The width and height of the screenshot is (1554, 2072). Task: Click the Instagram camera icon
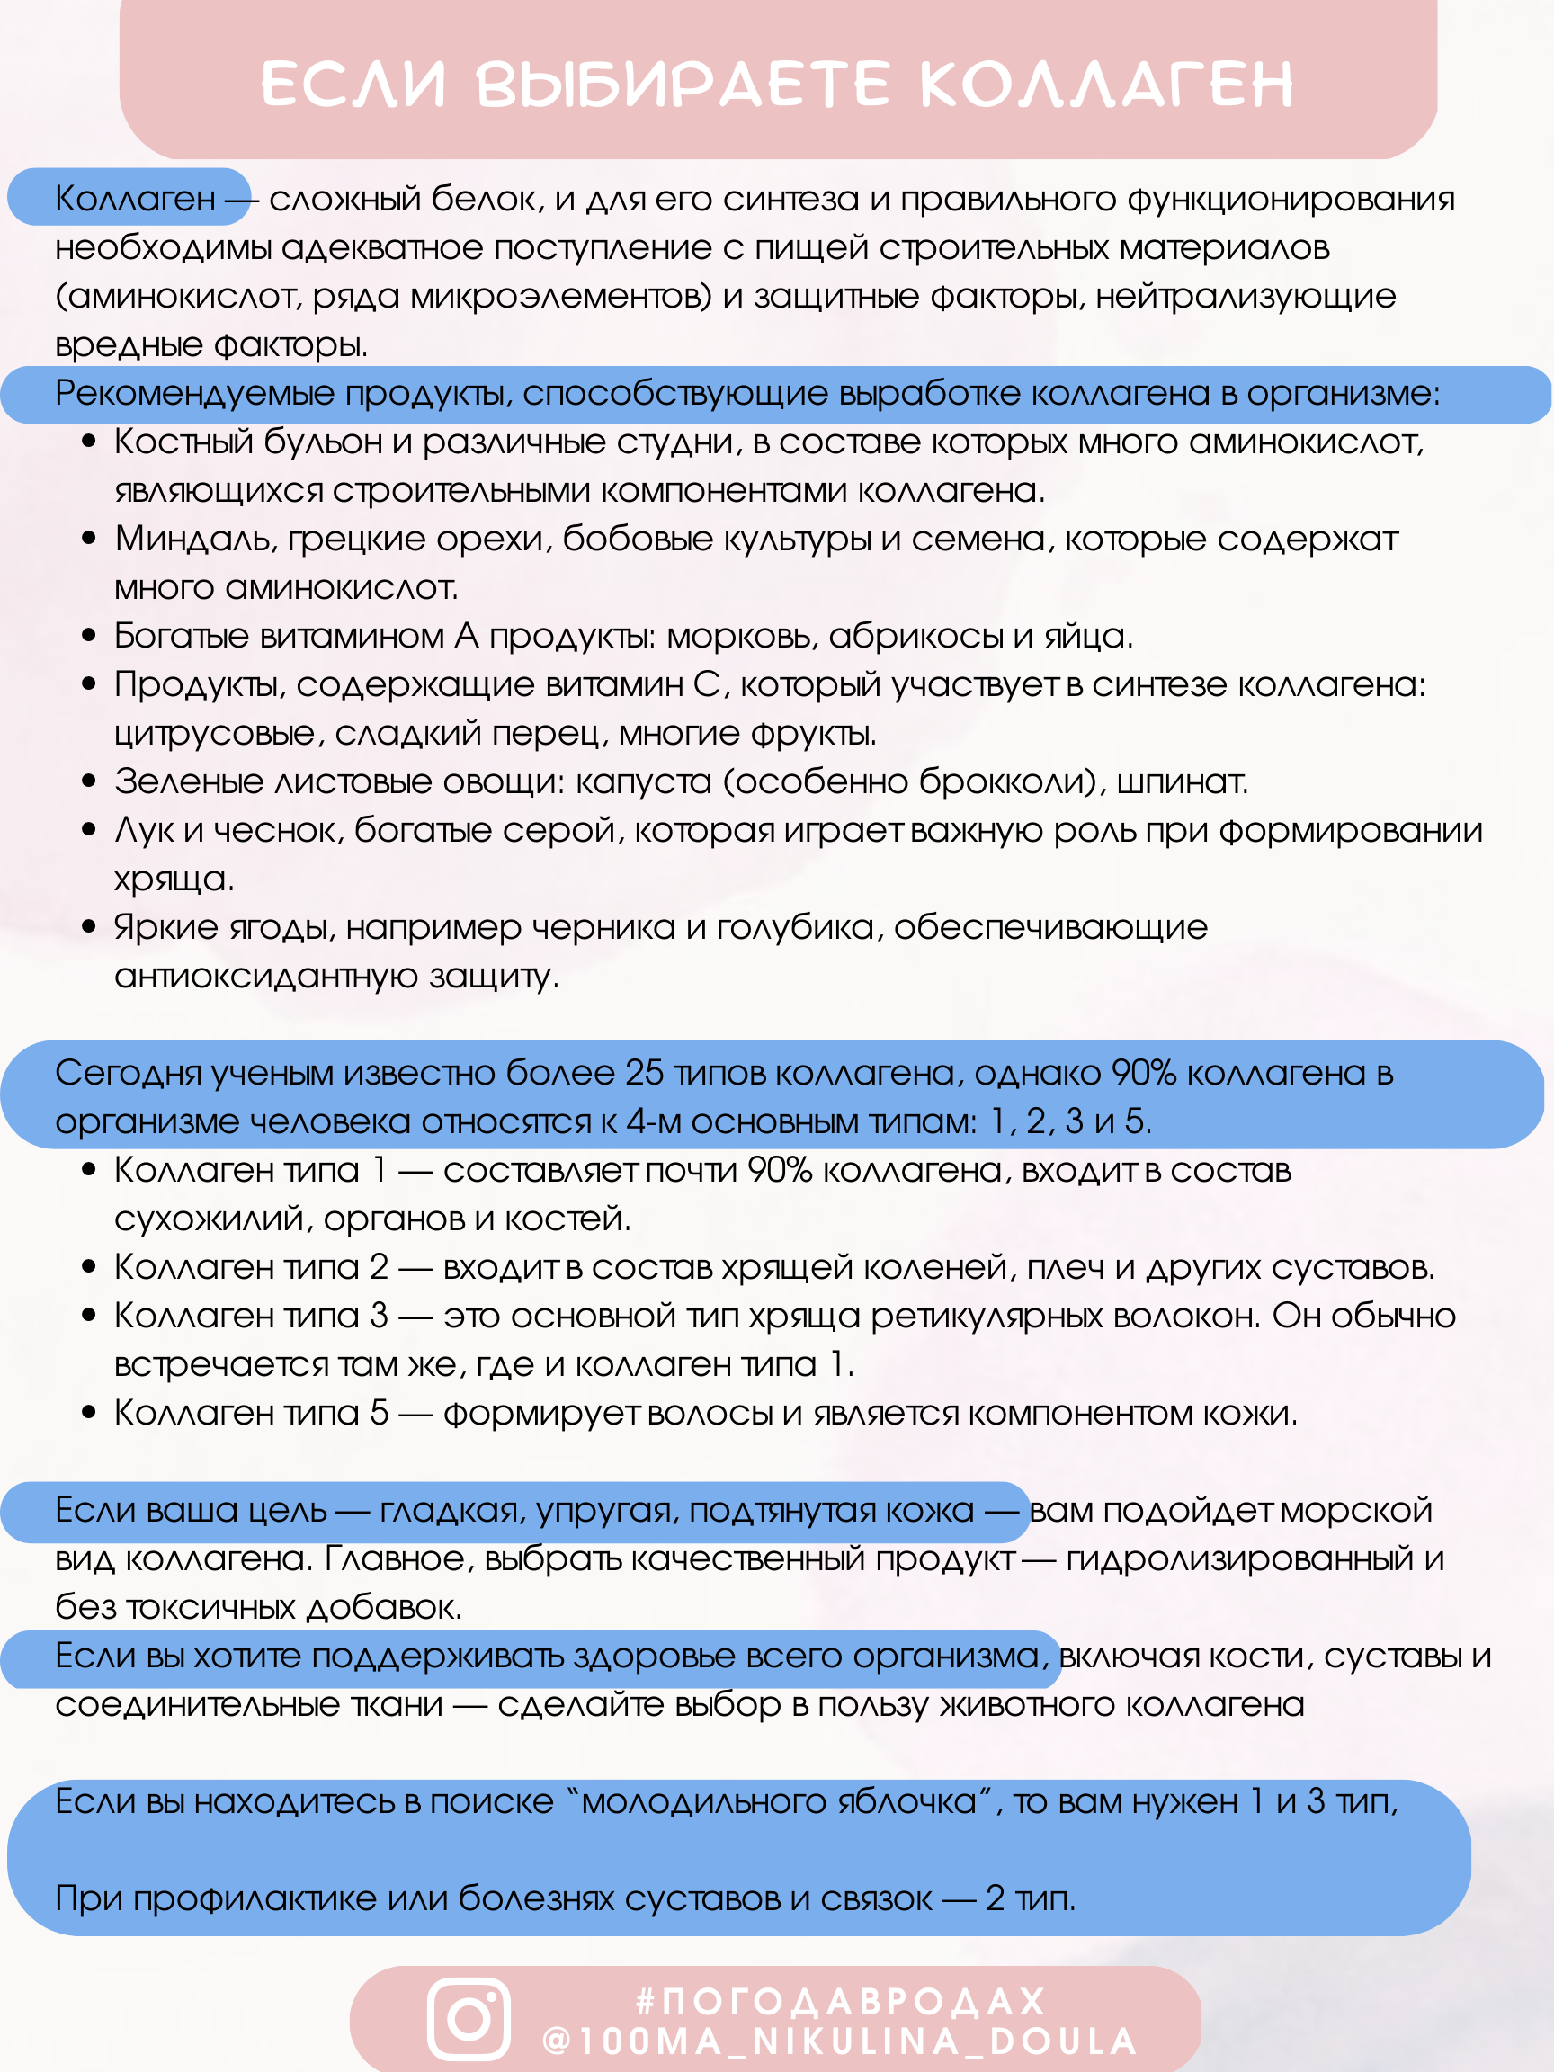point(469,2020)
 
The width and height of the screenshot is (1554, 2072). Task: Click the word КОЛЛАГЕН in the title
point(1106,85)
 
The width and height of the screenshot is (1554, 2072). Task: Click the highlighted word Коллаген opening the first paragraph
point(135,199)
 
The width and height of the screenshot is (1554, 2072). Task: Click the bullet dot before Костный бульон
point(89,442)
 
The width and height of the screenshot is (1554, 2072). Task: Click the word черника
point(603,927)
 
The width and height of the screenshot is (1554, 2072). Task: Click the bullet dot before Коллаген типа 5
point(89,1413)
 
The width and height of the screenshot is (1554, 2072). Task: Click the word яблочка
point(920,1801)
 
